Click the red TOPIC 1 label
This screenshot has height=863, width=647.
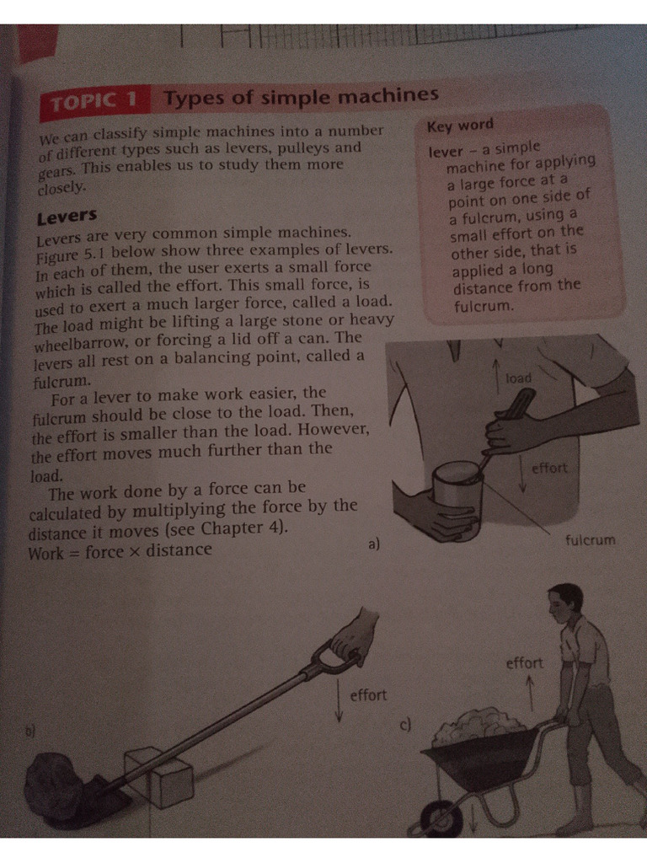pyautogui.click(x=94, y=103)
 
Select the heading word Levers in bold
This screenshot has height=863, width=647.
pyautogui.click(x=67, y=217)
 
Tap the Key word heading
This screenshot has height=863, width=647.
pyautogui.click(x=460, y=126)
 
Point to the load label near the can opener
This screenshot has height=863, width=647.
pyautogui.click(x=518, y=378)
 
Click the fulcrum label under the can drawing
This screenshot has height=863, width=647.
pyautogui.click(x=591, y=539)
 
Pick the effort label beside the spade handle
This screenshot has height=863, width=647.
pyautogui.click(x=367, y=694)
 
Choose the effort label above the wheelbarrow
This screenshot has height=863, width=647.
pyautogui.click(x=524, y=663)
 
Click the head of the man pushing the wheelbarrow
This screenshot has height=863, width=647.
pyautogui.click(x=564, y=603)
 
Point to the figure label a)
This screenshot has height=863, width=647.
pyautogui.click(x=374, y=544)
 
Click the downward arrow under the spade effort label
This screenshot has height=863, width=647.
pyautogui.click(x=339, y=703)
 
